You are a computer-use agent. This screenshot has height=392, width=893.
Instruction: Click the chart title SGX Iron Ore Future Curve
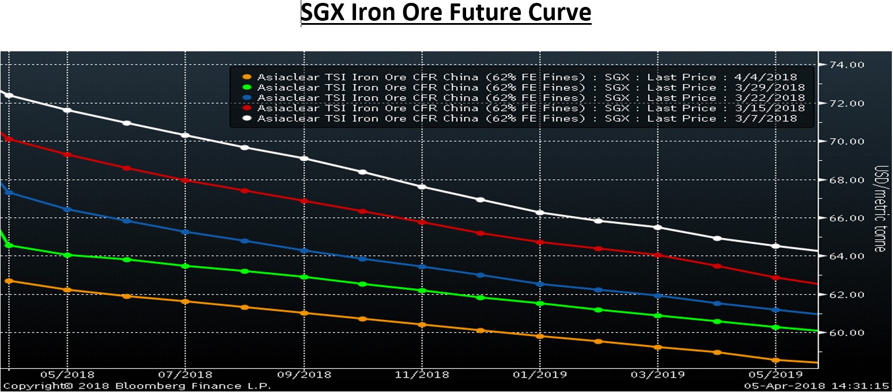coord(446,13)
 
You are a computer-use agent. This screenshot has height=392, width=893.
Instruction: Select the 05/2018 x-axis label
coord(67,374)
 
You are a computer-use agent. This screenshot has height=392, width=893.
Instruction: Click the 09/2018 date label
coord(304,374)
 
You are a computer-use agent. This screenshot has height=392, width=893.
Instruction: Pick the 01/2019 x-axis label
coord(540,374)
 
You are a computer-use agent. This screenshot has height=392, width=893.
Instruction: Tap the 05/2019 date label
coord(775,374)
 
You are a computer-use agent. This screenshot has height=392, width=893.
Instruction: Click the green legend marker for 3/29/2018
coord(247,88)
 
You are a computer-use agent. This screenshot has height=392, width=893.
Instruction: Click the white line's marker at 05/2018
coord(67,110)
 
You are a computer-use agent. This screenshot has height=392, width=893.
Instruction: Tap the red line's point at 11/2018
coord(422,223)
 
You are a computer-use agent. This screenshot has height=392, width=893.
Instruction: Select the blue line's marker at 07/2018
coord(185,232)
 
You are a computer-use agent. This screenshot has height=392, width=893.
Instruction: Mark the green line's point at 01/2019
coord(540,303)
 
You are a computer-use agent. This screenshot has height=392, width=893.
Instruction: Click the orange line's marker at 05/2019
coord(775,360)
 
